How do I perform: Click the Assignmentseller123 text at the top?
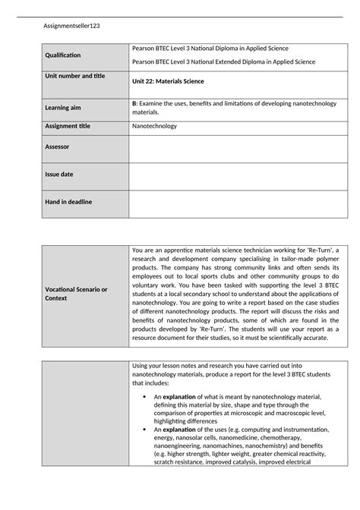73,26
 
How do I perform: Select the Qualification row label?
66,55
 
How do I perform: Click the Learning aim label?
66,108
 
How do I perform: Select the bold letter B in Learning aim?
134,102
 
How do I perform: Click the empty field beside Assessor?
236,149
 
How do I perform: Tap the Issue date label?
60,174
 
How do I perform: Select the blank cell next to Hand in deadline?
236,203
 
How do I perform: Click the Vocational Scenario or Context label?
77,294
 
